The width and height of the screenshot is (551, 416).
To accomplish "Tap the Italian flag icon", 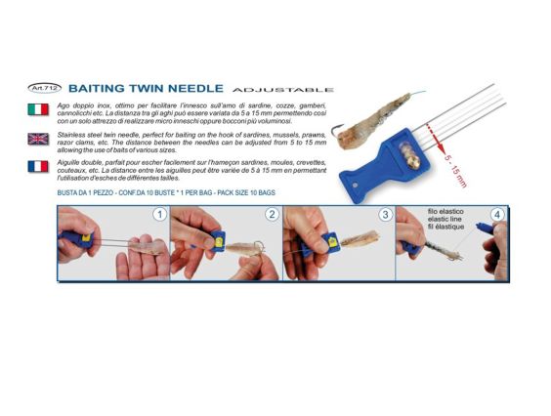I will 39,109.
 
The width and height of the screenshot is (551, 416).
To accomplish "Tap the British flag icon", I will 39,139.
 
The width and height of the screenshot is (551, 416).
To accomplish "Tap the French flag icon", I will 39,166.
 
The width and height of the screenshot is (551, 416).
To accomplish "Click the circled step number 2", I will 272,214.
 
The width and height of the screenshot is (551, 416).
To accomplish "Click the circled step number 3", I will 386,214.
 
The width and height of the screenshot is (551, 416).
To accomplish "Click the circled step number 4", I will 497,214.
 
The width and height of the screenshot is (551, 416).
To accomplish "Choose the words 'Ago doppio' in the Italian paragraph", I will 76,103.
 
